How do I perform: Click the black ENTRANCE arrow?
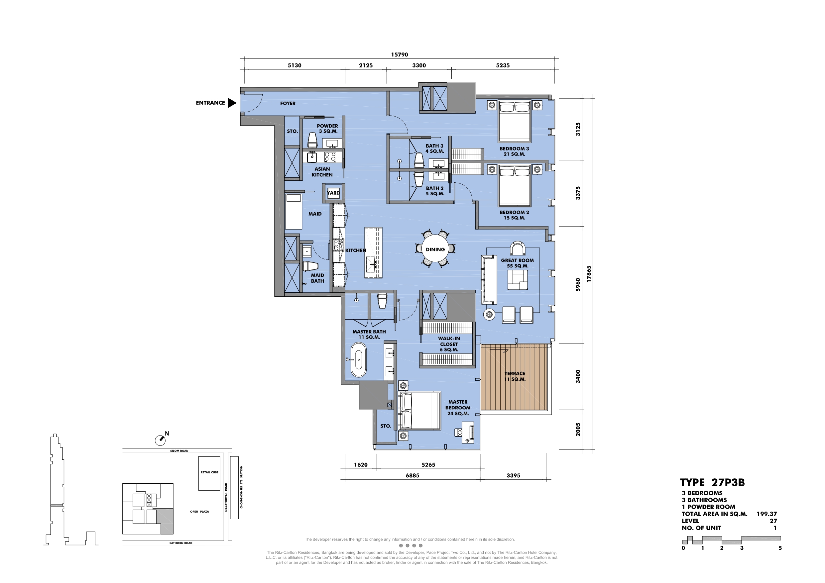point(232,103)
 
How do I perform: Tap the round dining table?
point(435,249)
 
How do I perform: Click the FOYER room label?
point(288,103)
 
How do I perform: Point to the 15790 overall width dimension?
point(400,54)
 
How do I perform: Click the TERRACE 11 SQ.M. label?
point(515,376)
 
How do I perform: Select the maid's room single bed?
point(294,211)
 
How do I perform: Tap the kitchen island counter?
point(373,252)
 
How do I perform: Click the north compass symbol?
point(160,440)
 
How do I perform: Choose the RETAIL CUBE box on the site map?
point(209,473)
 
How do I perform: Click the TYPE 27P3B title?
point(712,482)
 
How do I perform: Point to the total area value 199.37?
point(766,514)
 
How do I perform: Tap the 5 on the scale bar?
point(780,548)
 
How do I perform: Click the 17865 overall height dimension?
point(589,274)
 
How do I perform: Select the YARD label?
point(333,193)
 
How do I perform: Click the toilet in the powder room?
point(312,140)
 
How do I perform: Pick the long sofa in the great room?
point(489,280)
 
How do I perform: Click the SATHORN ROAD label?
point(181,543)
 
